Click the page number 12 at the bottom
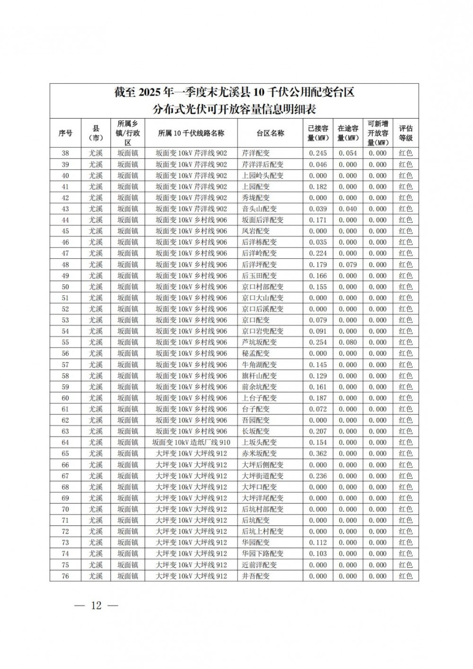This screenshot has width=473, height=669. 96,606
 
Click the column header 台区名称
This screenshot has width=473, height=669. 270,133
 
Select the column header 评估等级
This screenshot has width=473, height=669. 405,133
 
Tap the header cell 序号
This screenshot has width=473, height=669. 65,133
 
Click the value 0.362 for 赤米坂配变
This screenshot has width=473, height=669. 318,454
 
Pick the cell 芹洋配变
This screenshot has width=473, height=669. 255,153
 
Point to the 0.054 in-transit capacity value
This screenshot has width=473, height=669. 348,153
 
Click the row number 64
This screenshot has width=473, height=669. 65,442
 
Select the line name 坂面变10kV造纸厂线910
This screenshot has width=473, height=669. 191,442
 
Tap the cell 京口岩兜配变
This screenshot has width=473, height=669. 263,331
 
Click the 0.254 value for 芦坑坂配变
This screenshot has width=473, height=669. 318,343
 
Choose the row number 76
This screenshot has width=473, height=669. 65,576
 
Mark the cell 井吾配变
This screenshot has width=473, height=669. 255,576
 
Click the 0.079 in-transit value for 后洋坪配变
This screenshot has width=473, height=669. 348,264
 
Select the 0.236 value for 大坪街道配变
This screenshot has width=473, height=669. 318,476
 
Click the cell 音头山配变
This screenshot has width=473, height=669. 259,209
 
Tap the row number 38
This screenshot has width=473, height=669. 65,153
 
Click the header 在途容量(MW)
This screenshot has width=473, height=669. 348,133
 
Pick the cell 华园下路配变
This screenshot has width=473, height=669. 263,554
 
